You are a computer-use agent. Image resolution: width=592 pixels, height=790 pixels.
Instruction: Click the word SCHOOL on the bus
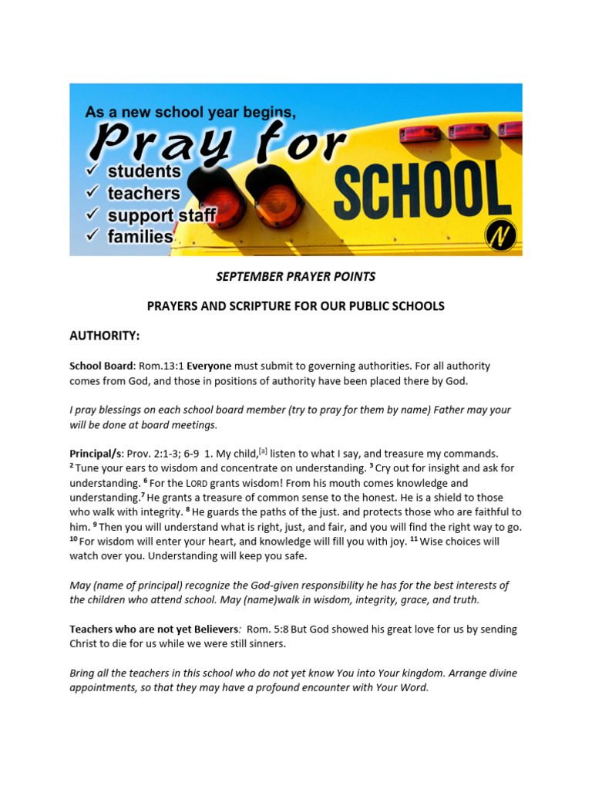(422, 188)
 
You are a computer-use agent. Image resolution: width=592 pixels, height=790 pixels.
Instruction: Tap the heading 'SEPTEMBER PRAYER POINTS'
(295, 277)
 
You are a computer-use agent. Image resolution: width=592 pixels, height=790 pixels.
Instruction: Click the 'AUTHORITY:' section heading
(104, 336)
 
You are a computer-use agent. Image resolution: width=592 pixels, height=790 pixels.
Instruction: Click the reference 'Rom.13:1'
(162, 366)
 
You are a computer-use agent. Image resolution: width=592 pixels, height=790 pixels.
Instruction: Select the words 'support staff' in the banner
(162, 215)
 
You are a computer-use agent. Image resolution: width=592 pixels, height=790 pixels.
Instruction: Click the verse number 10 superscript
(74, 540)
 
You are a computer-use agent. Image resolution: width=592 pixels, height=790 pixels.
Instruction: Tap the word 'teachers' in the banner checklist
(143, 193)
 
